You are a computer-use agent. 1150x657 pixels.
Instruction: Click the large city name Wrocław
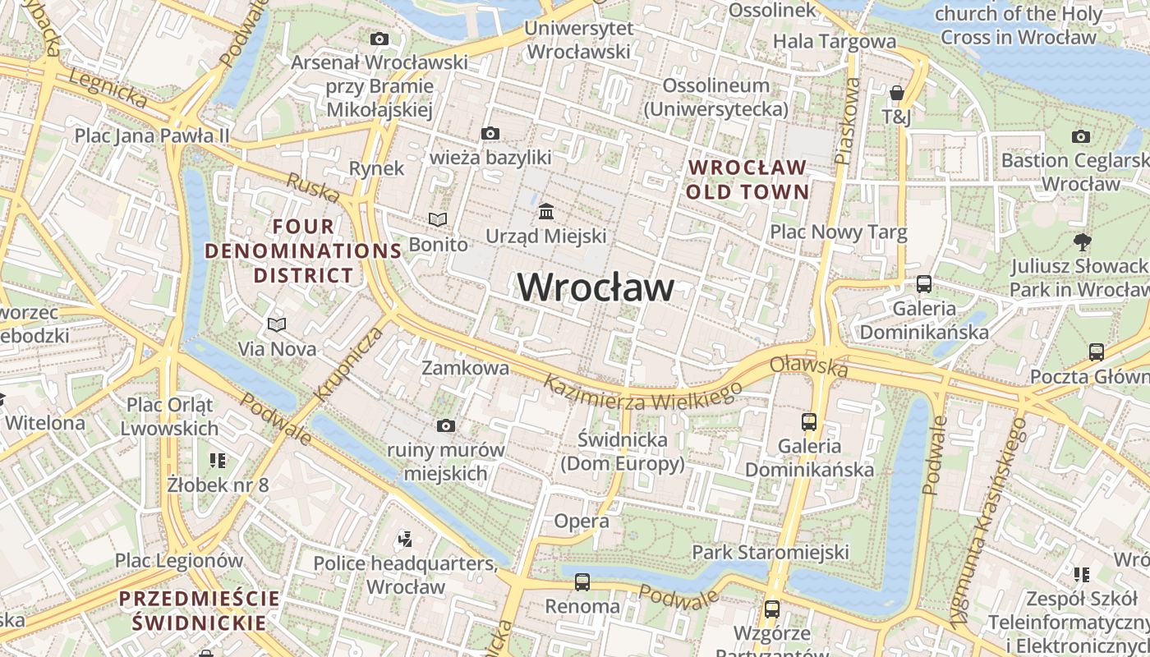click(x=596, y=287)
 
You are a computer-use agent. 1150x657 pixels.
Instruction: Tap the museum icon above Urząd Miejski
click(x=546, y=212)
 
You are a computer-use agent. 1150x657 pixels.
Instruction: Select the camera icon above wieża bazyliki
click(x=490, y=133)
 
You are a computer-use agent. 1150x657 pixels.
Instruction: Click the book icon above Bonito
click(x=439, y=219)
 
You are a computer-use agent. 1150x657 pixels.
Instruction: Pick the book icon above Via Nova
click(x=277, y=324)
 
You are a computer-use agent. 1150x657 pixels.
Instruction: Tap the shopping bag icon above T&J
click(x=896, y=93)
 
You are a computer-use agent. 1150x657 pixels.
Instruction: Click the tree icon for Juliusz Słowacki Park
click(x=1082, y=241)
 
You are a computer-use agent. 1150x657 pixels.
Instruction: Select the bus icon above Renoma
click(x=582, y=582)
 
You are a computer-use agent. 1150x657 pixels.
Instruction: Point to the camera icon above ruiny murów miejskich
click(x=446, y=425)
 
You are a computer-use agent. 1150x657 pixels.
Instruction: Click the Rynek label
click(x=377, y=168)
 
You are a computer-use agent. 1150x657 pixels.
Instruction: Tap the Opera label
click(x=582, y=521)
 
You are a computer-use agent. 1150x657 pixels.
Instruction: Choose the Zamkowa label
click(x=465, y=368)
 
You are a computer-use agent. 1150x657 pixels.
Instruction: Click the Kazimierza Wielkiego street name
click(x=642, y=393)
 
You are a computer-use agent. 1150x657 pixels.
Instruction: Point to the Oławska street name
click(x=809, y=366)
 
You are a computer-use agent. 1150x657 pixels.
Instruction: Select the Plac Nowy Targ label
click(x=838, y=232)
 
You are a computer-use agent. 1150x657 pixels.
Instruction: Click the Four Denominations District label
click(x=303, y=250)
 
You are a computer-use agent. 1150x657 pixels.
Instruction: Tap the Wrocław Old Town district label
click(x=747, y=180)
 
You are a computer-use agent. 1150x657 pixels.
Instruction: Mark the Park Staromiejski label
click(x=770, y=551)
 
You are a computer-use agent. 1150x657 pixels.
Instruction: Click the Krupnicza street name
click(x=349, y=364)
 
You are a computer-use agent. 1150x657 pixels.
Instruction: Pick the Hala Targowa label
click(x=835, y=41)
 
